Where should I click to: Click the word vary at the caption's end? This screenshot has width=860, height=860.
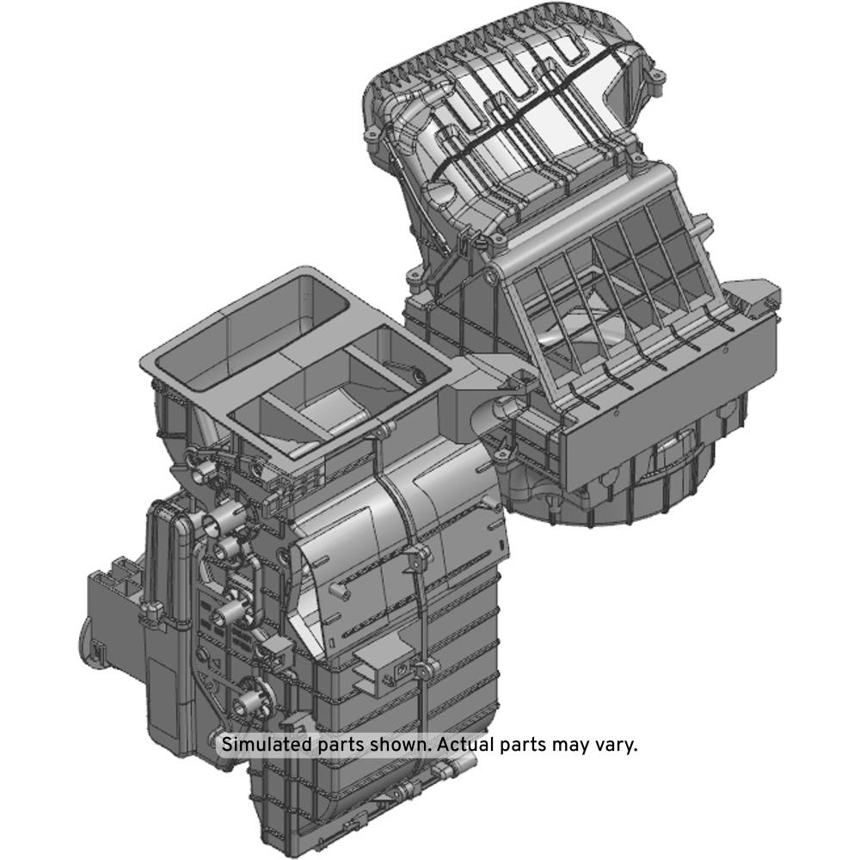[x=619, y=746]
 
